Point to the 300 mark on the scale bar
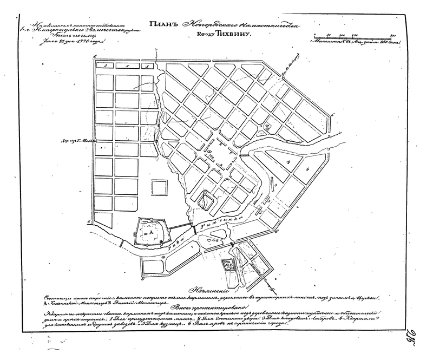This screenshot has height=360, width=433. [393, 34]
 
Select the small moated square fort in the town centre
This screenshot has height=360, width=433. [206, 201]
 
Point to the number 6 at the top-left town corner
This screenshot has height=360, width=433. [95, 57]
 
